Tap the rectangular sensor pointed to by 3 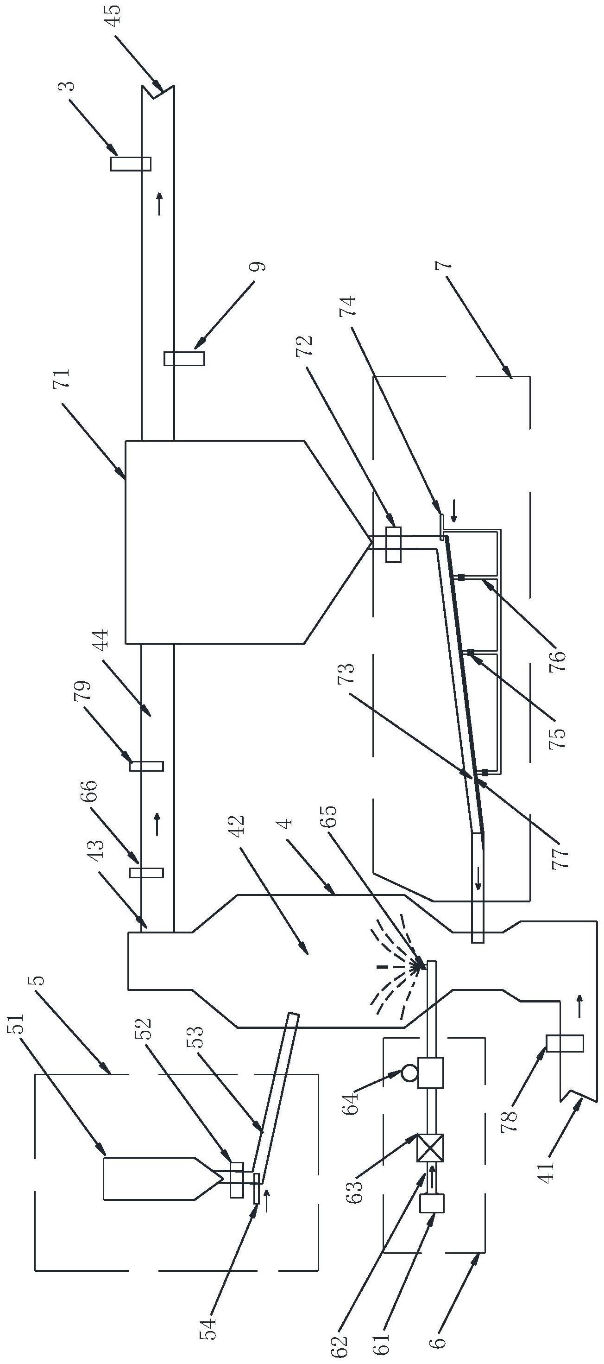130,164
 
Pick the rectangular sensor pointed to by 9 184,358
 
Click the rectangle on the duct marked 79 147,766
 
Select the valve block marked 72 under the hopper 393,544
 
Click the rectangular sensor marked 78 565,1044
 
